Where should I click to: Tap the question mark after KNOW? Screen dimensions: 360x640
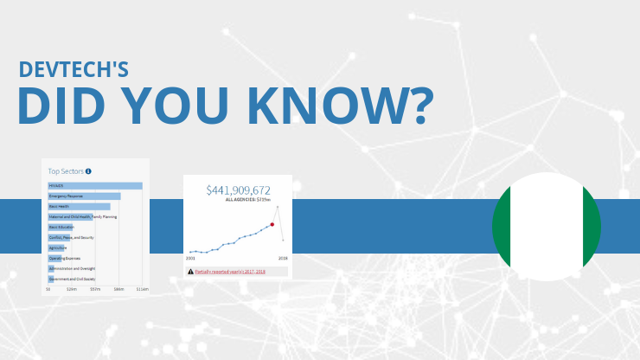[x=416, y=106]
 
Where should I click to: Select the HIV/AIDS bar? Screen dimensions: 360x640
[x=95, y=185]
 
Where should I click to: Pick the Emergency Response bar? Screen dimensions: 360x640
[x=84, y=196]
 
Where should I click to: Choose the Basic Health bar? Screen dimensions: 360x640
[x=79, y=207]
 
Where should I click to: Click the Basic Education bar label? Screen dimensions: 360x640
[x=61, y=227]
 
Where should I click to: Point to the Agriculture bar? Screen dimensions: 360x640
[x=58, y=247]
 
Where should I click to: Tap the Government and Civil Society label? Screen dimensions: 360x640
[x=71, y=279]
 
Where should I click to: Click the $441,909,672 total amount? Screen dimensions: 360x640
[x=238, y=190]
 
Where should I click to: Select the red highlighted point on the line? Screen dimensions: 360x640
[x=272, y=224]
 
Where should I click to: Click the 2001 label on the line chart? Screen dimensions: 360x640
[x=190, y=258]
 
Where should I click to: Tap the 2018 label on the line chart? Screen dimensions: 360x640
[x=283, y=258]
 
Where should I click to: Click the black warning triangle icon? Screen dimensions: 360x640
[x=190, y=271]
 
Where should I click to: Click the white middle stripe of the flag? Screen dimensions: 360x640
[x=546, y=227]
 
